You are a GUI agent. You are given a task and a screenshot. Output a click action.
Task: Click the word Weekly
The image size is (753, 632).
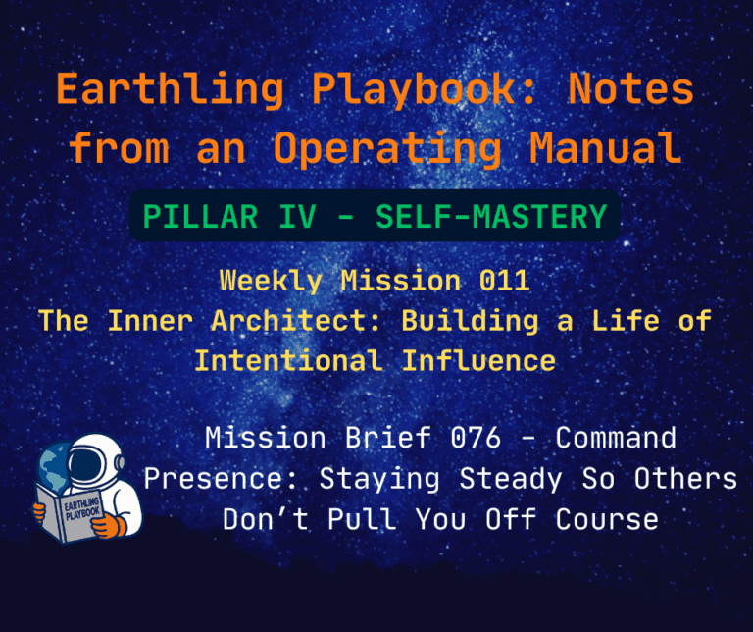coord(275,281)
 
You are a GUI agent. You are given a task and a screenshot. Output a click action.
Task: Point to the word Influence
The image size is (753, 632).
coord(478,360)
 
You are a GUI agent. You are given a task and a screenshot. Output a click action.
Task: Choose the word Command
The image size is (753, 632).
coord(615,438)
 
